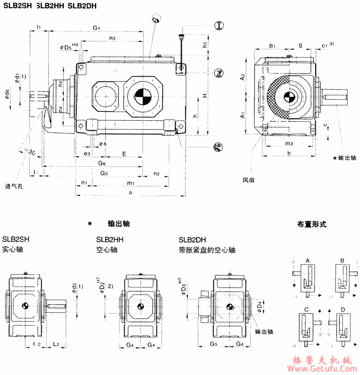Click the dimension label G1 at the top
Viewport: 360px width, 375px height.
tap(96, 28)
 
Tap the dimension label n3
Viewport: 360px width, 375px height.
tap(112, 38)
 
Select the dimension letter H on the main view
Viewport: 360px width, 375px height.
tap(204, 96)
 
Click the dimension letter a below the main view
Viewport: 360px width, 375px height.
tap(130, 193)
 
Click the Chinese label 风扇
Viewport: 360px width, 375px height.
tap(249, 179)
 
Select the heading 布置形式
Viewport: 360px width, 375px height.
tap(312, 225)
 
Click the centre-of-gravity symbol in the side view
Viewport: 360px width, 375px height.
tap(289, 98)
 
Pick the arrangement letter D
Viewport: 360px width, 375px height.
tap(343, 308)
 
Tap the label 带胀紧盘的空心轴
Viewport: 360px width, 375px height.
tap(207, 250)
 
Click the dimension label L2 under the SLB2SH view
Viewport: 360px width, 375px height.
tap(56, 345)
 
